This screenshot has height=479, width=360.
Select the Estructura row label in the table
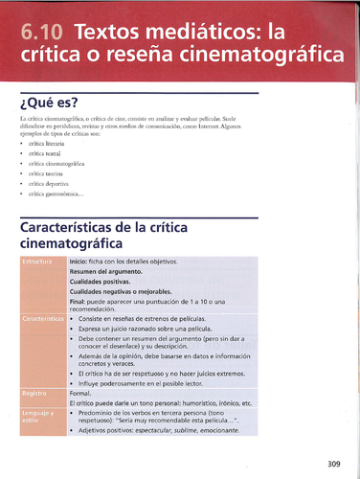[x=41, y=262]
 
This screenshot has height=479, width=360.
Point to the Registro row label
[x=36, y=393]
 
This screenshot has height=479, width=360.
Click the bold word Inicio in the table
[x=80, y=261]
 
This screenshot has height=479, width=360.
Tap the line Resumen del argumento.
[x=105, y=271]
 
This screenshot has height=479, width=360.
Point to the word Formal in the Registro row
[x=80, y=393]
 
